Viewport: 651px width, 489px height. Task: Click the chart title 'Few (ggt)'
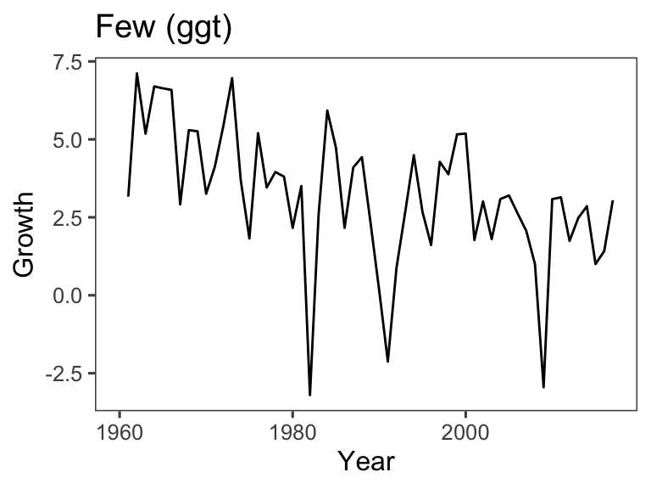(164, 27)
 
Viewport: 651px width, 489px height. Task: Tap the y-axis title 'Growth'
(25, 233)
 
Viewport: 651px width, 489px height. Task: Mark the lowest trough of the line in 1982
(310, 395)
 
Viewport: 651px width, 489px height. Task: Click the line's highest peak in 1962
(136, 73)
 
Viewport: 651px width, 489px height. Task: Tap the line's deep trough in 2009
(543, 387)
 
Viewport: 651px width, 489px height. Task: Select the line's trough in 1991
(387, 362)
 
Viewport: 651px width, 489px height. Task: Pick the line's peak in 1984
(327, 110)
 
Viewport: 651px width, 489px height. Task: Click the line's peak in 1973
(232, 78)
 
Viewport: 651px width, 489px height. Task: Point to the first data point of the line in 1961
(128, 195)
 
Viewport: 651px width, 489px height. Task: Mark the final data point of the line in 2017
(613, 201)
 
